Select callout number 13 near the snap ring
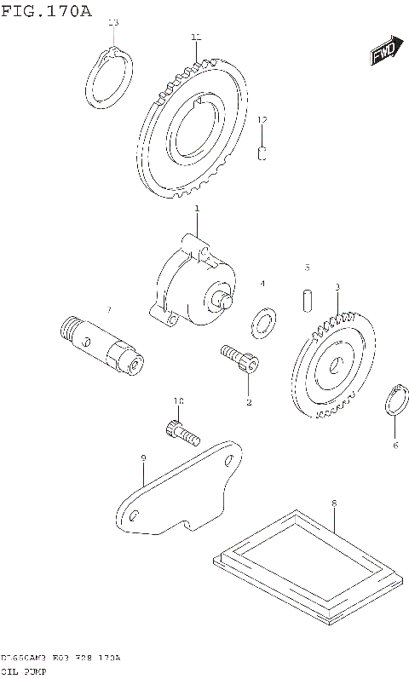click(x=114, y=22)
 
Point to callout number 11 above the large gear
click(x=196, y=37)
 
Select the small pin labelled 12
click(x=263, y=153)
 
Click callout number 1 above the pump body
click(x=197, y=209)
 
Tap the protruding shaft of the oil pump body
click(x=225, y=300)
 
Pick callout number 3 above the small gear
click(x=337, y=287)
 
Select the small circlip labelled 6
click(x=395, y=401)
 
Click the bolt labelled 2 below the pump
click(x=239, y=359)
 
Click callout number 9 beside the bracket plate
click(x=143, y=458)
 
